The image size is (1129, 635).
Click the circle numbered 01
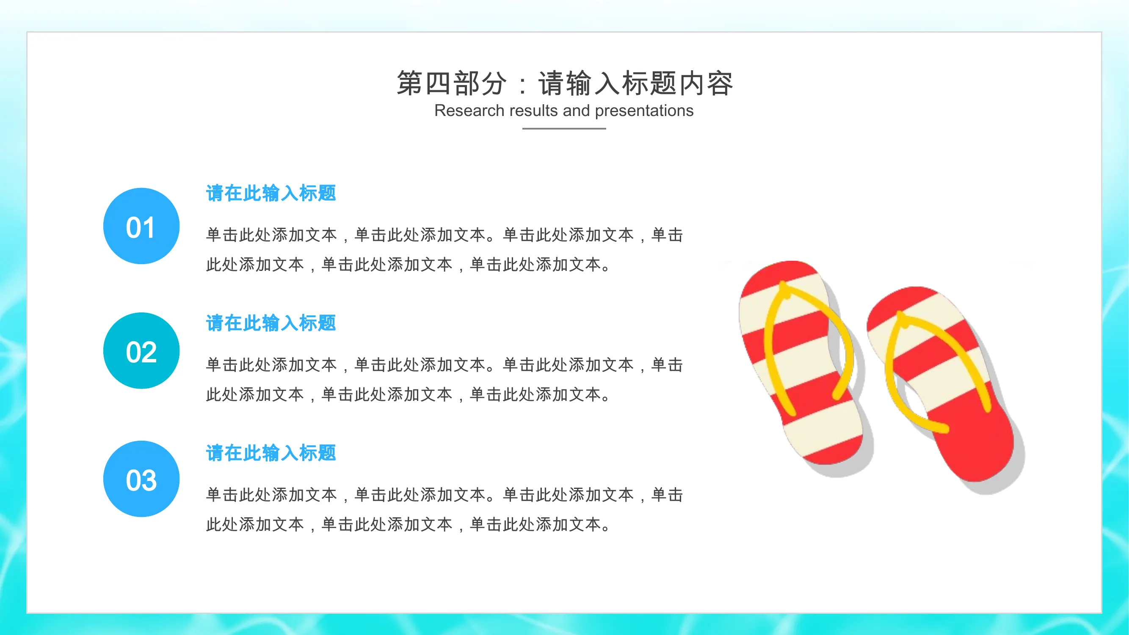[141, 226]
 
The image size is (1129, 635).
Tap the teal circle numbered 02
[141, 351]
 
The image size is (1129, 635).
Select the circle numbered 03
[141, 479]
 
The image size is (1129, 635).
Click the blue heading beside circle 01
[271, 193]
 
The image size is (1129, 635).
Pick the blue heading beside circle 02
[271, 323]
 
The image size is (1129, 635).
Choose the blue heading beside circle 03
[271, 453]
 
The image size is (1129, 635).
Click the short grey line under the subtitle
[564, 128]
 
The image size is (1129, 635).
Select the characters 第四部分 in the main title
[451, 83]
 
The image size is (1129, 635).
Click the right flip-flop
[942, 386]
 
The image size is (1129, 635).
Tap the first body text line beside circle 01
[444, 235]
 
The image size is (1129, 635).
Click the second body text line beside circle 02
[409, 395]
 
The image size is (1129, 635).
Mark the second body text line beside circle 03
[409, 525]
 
